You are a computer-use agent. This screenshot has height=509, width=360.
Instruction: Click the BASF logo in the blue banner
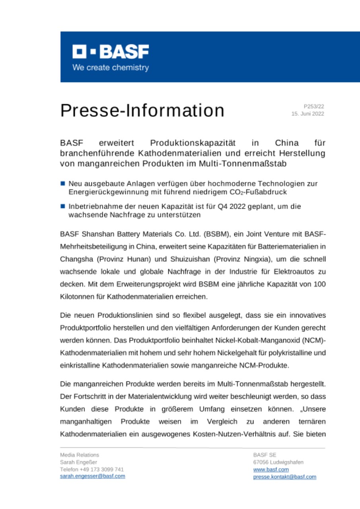(111, 52)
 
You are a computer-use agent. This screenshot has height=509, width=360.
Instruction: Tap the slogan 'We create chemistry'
(111, 68)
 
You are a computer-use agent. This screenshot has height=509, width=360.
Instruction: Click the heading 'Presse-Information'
(142, 110)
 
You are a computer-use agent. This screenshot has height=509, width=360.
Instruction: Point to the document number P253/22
(314, 106)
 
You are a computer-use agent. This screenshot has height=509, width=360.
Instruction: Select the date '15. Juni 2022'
(308, 114)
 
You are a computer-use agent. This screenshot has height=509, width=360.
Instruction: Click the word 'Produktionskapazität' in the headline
(193, 142)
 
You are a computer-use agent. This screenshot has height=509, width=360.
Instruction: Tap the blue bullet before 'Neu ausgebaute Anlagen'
(63, 184)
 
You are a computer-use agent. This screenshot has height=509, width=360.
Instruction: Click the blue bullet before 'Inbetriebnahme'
(63, 207)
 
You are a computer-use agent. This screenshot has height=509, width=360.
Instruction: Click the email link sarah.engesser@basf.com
(92, 476)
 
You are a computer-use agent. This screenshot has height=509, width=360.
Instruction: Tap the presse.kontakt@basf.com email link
(284, 477)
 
